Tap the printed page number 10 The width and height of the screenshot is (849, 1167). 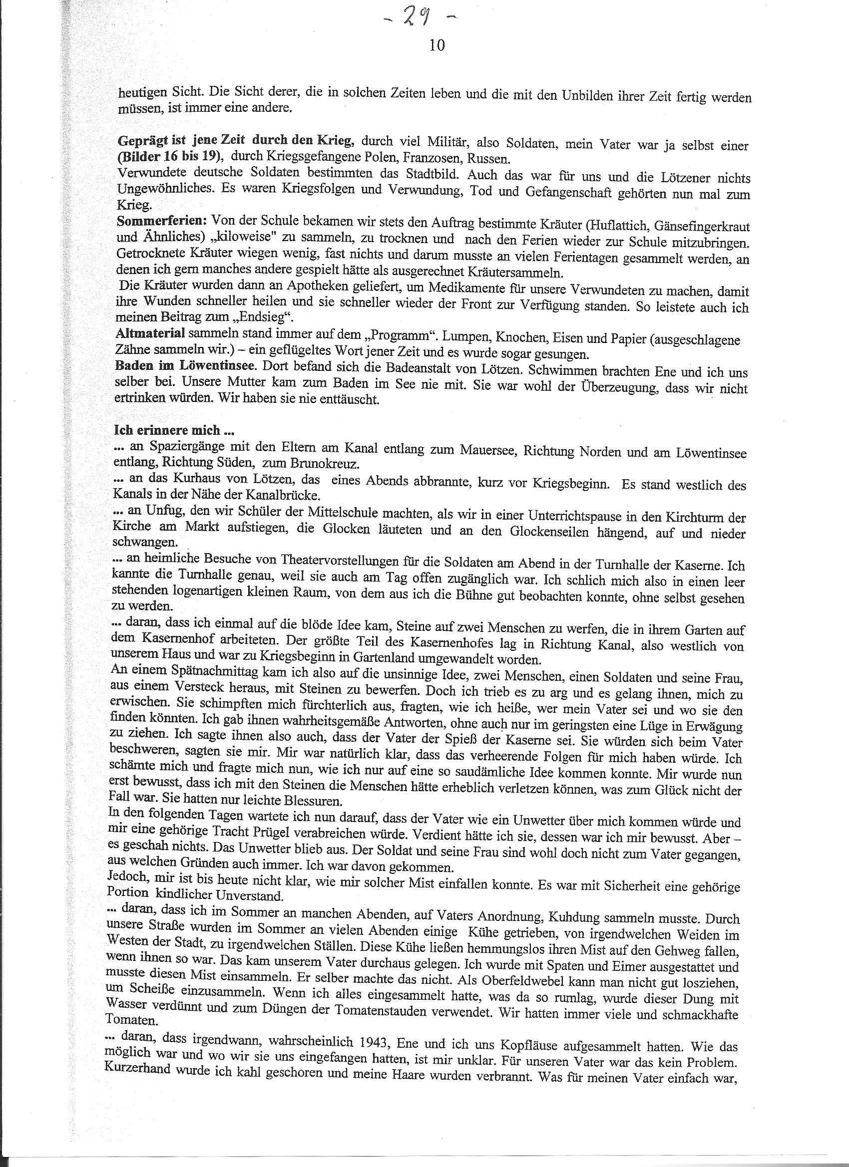click(x=436, y=46)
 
